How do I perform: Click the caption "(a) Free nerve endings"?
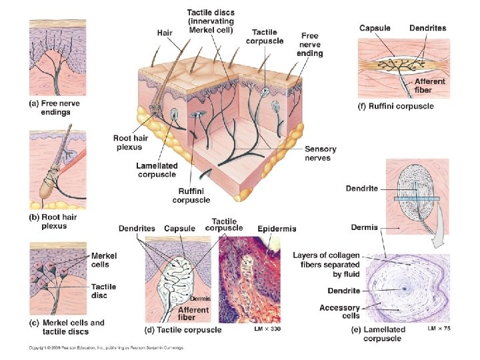pyautogui.click(x=50, y=107)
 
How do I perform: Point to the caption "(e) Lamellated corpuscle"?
pyautogui.click(x=385, y=334)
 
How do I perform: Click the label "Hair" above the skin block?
pyautogui.click(x=165, y=32)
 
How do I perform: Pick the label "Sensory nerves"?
pyautogui.click(x=320, y=153)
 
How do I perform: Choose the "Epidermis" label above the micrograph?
pyautogui.click(x=278, y=229)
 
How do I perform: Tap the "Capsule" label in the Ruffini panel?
pyautogui.click(x=375, y=28)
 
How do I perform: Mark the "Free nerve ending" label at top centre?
pyautogui.click(x=310, y=44)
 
